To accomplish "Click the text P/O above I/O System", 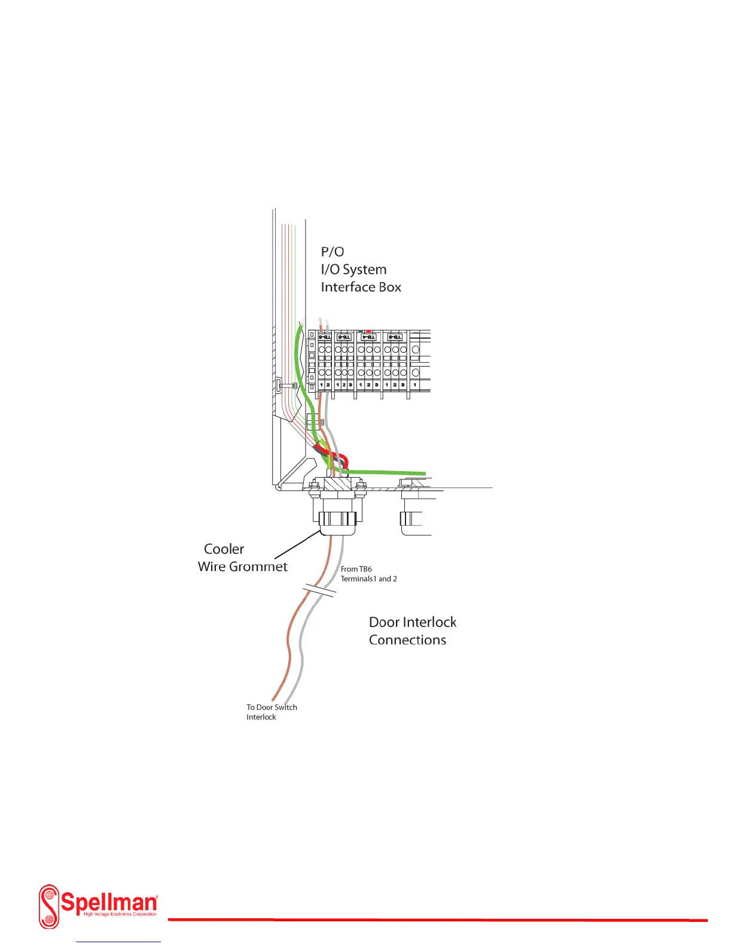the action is (x=333, y=252).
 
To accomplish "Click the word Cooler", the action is (x=224, y=549).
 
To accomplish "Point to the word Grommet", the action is (x=260, y=567).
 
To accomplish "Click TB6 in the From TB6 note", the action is (x=365, y=569).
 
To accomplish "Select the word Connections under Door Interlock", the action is (x=407, y=640).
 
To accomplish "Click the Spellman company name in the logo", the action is (x=109, y=900).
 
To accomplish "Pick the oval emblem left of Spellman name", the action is (x=50, y=906).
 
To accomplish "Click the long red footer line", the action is (x=437, y=919).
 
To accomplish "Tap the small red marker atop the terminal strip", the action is (x=369, y=331).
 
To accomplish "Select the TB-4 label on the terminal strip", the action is (x=368, y=338).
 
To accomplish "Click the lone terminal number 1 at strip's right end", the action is (x=415, y=385).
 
